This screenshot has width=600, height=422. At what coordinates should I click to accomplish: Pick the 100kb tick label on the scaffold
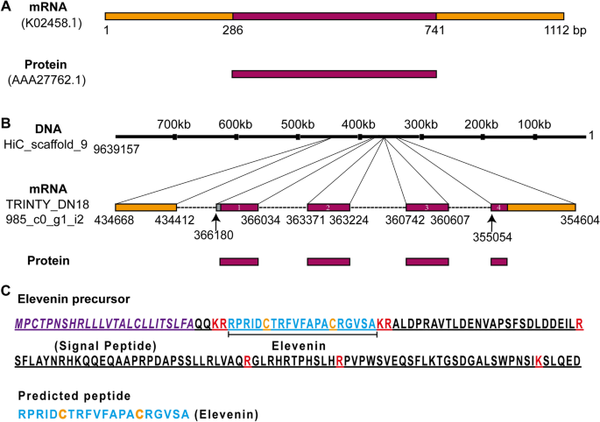point(534,124)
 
